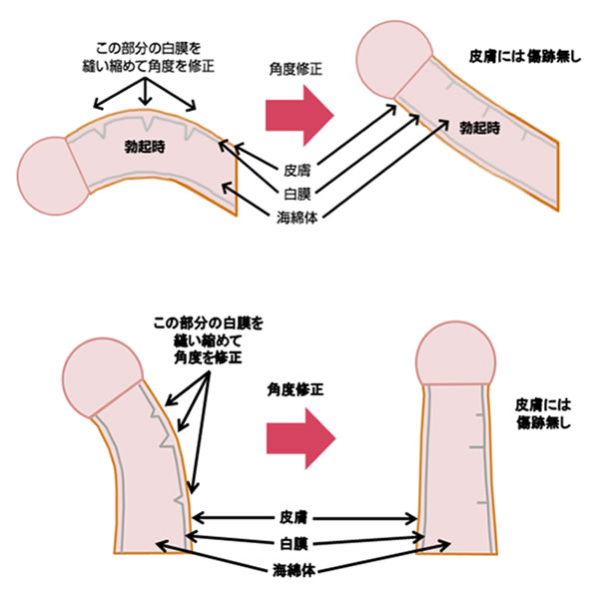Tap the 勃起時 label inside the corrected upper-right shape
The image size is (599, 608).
pyautogui.click(x=478, y=129)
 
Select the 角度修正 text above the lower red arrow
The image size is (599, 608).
pyautogui.click(x=299, y=388)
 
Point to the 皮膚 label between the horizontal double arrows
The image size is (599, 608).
pyautogui.click(x=303, y=517)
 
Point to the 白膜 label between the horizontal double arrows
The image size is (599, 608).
pyautogui.click(x=303, y=544)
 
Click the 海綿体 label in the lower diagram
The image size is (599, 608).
pyautogui.click(x=303, y=572)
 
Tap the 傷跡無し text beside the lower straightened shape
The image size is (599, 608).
pyautogui.click(x=542, y=423)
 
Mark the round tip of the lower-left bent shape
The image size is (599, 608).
pyautogui.click(x=99, y=375)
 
